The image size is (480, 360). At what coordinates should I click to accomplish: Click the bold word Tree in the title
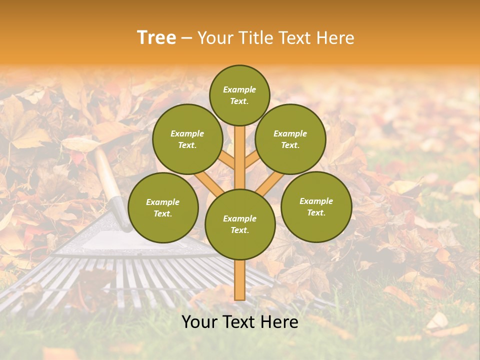point(156,37)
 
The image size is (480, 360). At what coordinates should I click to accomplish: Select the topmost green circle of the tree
point(239,95)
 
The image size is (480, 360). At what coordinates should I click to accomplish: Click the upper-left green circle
point(187,139)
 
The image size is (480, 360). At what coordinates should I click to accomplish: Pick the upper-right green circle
point(290,139)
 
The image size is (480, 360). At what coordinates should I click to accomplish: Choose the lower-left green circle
point(163,207)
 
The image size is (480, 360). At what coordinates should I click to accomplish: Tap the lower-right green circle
point(316,206)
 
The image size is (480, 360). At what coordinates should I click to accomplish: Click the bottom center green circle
point(240,224)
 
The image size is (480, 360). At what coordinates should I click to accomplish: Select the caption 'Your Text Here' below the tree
point(240,322)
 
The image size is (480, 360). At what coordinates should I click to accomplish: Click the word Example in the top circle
point(239,89)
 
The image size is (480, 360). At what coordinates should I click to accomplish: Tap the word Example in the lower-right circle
point(316,201)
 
